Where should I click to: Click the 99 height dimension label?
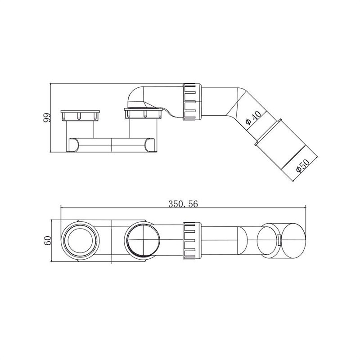[x=47, y=117]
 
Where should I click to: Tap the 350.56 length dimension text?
[x=183, y=204]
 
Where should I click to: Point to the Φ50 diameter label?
[x=302, y=165]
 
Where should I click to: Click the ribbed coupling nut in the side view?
[x=192, y=102]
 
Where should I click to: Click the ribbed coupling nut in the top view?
[x=192, y=241]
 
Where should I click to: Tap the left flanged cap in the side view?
[x=81, y=115]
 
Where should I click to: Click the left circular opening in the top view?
[x=81, y=241]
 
